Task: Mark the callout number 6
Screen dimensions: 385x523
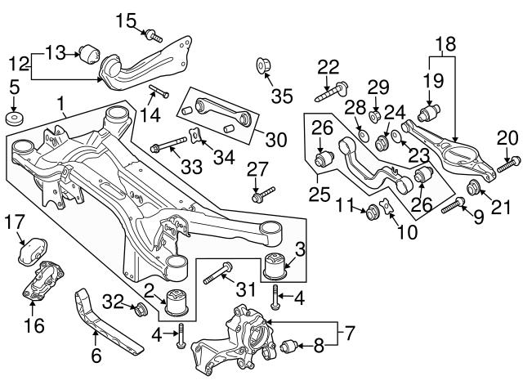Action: click(x=97, y=356)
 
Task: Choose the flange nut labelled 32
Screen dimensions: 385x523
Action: click(x=140, y=309)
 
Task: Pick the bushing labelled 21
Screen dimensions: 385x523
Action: click(x=472, y=191)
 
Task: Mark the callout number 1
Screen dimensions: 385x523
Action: click(x=60, y=105)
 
